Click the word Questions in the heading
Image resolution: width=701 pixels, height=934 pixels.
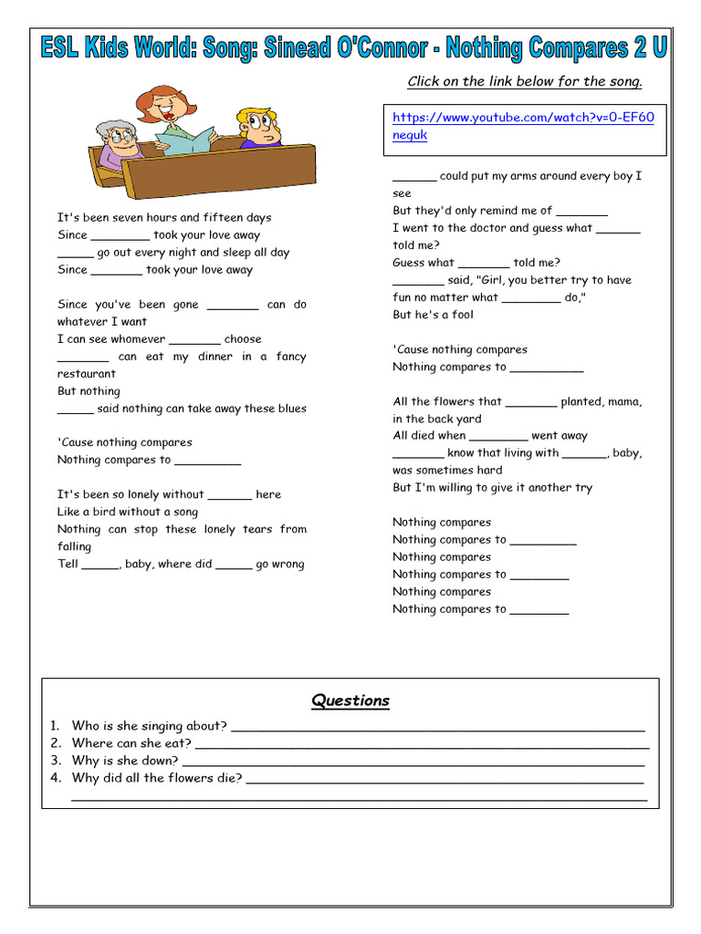pyautogui.click(x=350, y=700)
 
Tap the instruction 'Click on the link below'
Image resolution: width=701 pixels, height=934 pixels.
pyautogui.click(x=524, y=81)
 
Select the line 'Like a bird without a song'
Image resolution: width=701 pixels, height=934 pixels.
pyautogui.click(x=127, y=512)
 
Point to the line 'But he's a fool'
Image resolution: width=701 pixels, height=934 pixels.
pyautogui.click(x=433, y=315)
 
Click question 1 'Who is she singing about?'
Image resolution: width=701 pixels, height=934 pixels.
pyautogui.click(x=150, y=726)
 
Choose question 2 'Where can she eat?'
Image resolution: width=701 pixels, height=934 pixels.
pyautogui.click(x=131, y=743)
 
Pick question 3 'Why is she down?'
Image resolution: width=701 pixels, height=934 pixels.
pyautogui.click(x=125, y=761)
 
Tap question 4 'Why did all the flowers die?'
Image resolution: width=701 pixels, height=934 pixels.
pyautogui.click(x=157, y=778)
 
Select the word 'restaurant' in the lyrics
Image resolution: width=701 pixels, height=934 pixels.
pyautogui.click(x=87, y=374)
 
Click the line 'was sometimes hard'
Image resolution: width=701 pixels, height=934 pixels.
pyautogui.click(x=447, y=471)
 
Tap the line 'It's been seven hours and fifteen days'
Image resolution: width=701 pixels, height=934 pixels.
pyautogui.click(x=164, y=218)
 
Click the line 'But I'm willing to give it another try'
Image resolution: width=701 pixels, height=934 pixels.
pyautogui.click(x=492, y=488)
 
